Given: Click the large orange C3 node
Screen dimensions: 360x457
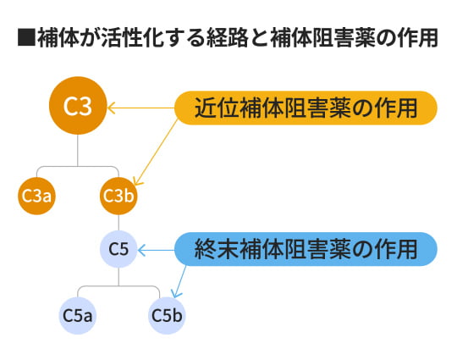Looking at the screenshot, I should point(78,108).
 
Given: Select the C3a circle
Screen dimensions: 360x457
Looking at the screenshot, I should point(36,196).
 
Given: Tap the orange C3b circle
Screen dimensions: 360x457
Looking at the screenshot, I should point(118,196).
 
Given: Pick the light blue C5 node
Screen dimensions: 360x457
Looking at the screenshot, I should point(118,249).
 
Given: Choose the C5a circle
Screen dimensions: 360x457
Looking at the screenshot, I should point(78,315).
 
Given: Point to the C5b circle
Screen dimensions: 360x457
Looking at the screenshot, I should point(167,315).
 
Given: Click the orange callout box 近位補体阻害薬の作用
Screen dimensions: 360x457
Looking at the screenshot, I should point(306,108).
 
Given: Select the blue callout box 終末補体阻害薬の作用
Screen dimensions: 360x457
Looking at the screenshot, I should point(306,249).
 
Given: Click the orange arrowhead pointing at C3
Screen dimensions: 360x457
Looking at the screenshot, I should point(109,108).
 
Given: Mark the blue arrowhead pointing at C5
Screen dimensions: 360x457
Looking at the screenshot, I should point(141,249).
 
